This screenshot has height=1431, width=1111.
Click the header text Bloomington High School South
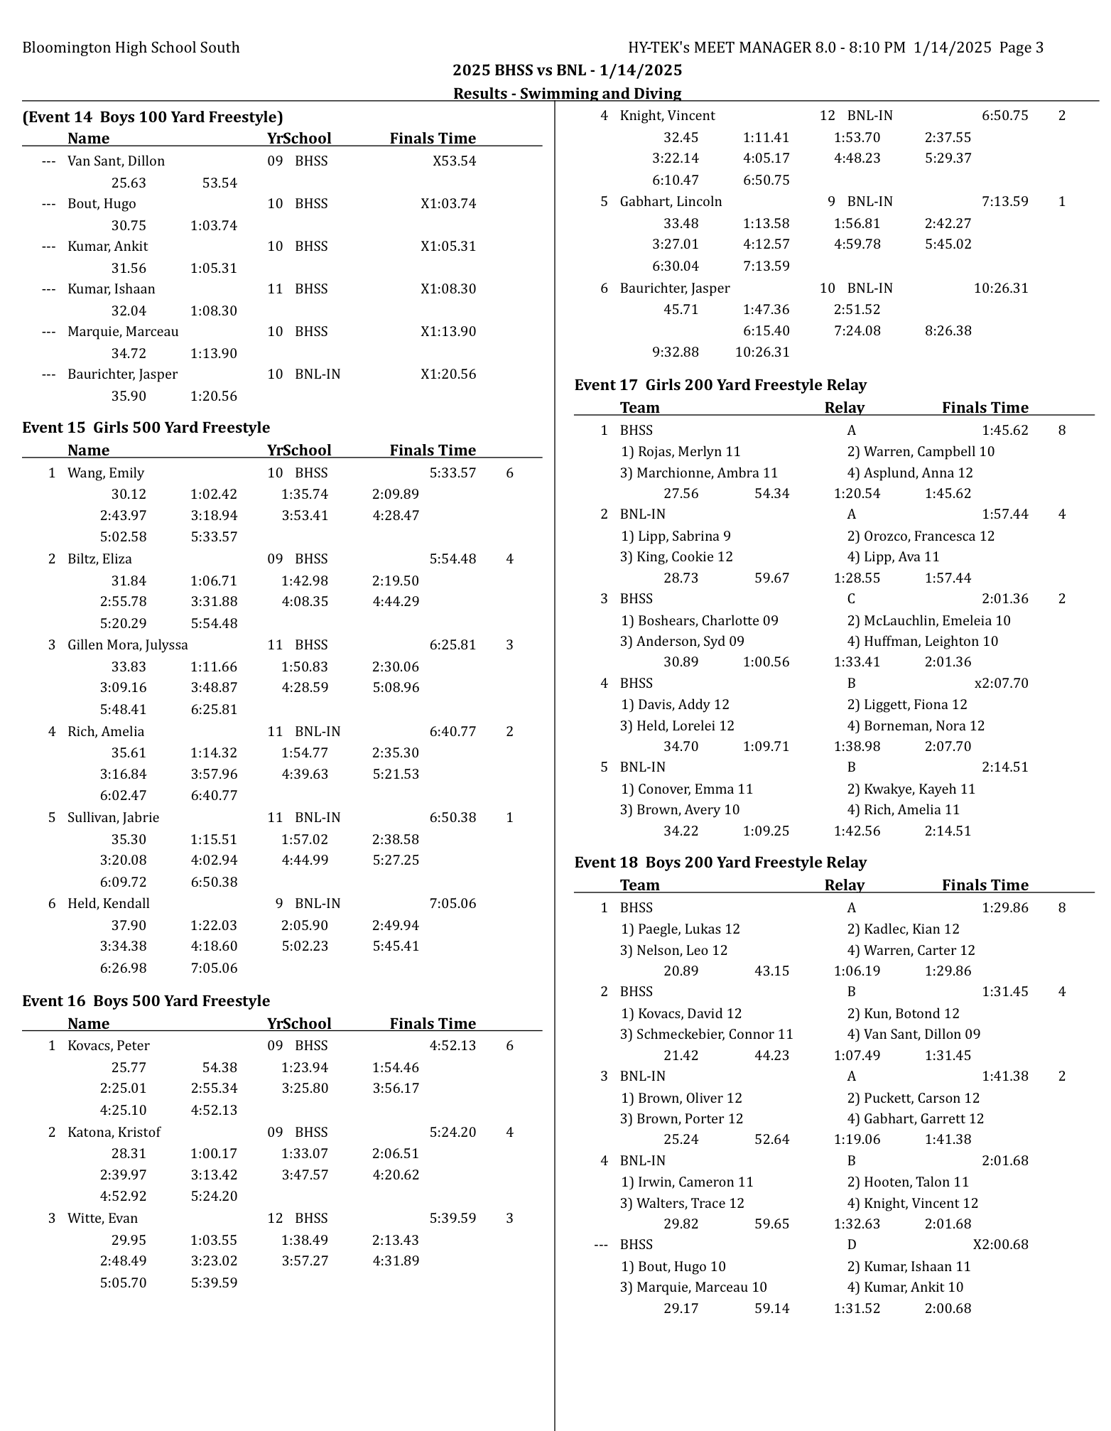point(131,48)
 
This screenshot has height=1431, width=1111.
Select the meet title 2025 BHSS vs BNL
point(567,70)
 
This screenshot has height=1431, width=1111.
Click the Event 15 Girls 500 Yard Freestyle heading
point(146,428)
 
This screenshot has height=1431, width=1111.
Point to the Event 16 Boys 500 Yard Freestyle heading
point(146,1001)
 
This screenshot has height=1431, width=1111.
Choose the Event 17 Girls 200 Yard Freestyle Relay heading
point(720,385)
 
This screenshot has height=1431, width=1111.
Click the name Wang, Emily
point(106,473)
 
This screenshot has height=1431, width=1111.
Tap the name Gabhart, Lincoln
point(671,202)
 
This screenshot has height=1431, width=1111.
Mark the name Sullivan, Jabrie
point(113,818)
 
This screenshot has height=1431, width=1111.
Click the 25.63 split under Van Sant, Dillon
point(129,183)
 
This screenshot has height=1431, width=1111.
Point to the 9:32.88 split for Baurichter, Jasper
point(675,352)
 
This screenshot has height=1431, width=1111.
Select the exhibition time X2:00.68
point(1000,1245)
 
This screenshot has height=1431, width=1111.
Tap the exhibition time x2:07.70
point(1001,684)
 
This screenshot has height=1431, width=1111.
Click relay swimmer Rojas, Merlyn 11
point(681,452)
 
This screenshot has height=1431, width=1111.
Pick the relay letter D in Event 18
point(851,1245)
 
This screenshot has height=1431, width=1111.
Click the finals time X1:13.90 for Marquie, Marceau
point(448,332)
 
